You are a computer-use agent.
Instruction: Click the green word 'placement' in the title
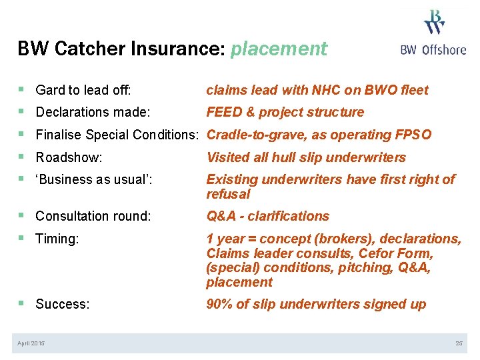point(279,49)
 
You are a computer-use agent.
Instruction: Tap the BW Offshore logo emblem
point(435,21)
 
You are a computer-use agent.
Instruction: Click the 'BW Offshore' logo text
point(433,50)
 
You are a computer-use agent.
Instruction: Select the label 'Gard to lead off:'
point(83,90)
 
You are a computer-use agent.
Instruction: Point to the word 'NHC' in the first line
point(327,90)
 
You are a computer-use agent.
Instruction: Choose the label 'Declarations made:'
point(93,112)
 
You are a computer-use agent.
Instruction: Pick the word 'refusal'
point(228,194)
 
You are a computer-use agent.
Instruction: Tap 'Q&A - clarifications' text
point(267,216)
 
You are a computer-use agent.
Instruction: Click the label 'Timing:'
point(57,239)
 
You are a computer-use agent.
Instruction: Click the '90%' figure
point(221,304)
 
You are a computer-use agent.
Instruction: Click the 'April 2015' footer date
point(31,343)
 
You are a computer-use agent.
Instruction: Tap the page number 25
point(459,343)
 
